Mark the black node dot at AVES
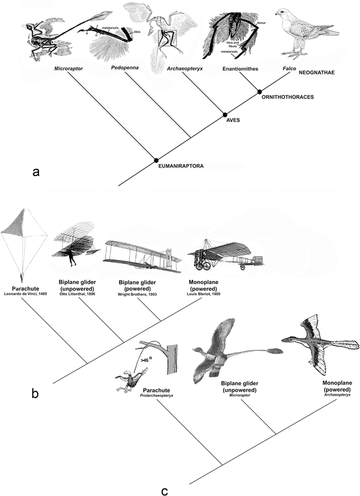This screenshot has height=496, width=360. click(x=226, y=113)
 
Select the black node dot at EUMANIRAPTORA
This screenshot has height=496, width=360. click(x=156, y=160)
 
